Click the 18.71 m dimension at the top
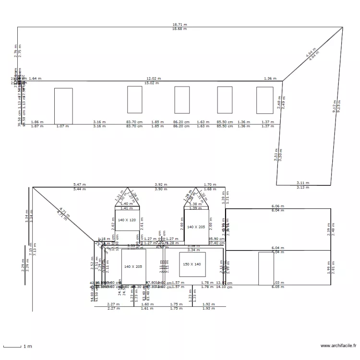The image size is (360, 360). click(x=180, y=24)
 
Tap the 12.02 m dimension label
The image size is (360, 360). click(x=154, y=78)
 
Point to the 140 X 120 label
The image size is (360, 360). click(x=127, y=220)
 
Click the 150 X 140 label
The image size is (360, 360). click(x=192, y=264)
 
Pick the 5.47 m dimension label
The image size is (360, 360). click(x=80, y=184)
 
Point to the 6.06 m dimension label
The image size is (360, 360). click(x=277, y=206)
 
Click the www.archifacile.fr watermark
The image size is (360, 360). click(x=339, y=345)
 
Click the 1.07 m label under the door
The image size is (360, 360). click(x=62, y=127)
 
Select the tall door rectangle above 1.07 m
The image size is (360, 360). click(x=63, y=106)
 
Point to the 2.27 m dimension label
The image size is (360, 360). click(x=113, y=304)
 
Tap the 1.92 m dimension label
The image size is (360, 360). click(x=208, y=304)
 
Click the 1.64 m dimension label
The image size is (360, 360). click(x=35, y=78)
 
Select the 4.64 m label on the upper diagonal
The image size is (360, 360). click(x=311, y=52)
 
